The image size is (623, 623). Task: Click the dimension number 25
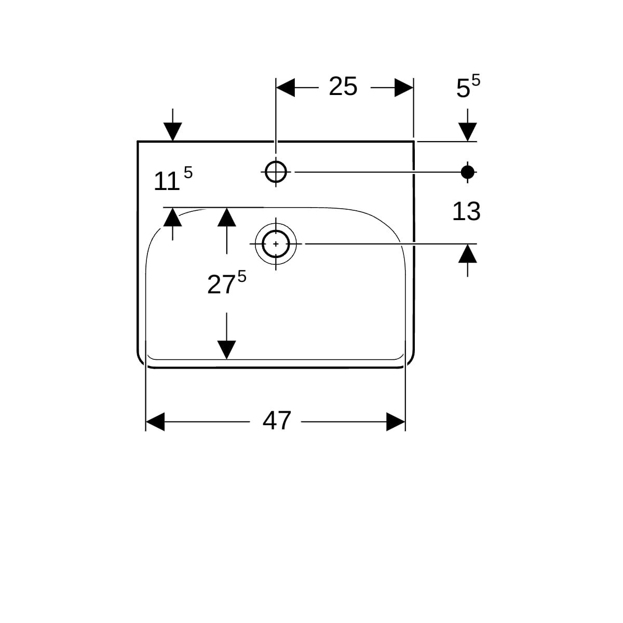tap(343, 87)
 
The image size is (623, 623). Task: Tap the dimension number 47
tap(277, 421)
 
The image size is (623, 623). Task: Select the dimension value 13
tap(466, 212)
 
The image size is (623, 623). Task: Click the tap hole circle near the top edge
tap(276, 171)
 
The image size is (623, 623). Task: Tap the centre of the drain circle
tap(276, 243)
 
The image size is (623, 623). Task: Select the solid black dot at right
tap(468, 171)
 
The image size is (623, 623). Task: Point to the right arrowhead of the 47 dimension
tap(396, 422)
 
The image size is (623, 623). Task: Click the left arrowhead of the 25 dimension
tap(285, 88)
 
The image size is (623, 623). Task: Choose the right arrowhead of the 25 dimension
tap(404, 88)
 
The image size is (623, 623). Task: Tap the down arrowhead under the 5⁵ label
tap(468, 131)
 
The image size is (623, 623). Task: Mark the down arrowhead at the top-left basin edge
tap(173, 131)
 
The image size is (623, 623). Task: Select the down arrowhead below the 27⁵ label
tap(226, 349)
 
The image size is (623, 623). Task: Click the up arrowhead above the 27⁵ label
tap(226, 217)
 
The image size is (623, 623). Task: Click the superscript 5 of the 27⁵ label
tap(241, 277)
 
